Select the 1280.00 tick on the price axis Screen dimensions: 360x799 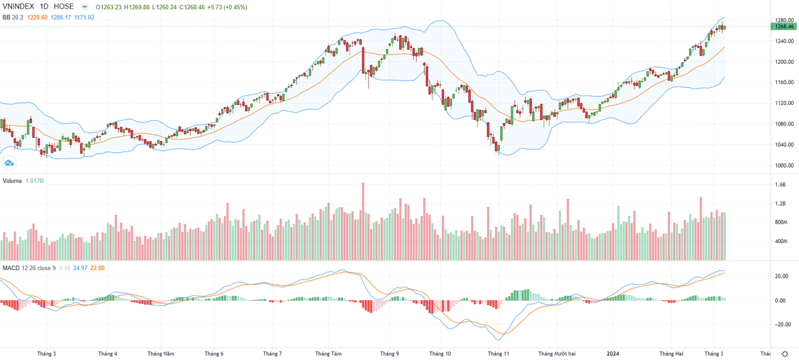[x=782, y=21]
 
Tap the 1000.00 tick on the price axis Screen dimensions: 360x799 [x=782, y=166]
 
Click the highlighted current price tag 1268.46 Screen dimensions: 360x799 [x=782, y=27]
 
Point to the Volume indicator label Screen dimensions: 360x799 [x=13, y=181]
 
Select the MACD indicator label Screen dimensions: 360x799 [x=11, y=268]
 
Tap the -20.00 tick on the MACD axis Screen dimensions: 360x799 [x=781, y=325]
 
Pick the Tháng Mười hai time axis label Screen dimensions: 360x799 [x=557, y=354]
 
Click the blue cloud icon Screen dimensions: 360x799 [x=9, y=163]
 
